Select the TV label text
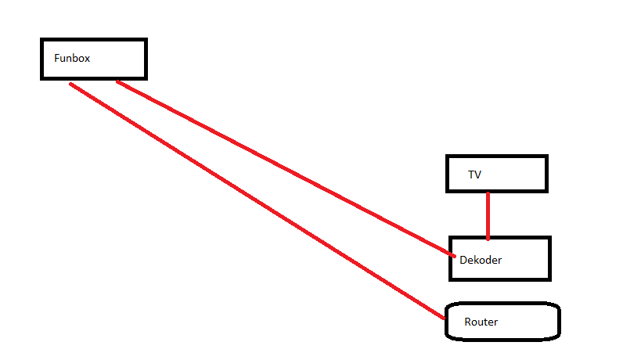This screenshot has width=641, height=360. pyautogui.click(x=474, y=175)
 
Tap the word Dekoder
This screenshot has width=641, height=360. pyautogui.click(x=481, y=260)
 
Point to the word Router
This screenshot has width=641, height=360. pyautogui.click(x=481, y=322)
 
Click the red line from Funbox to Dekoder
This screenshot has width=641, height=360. pyautogui.click(x=286, y=167)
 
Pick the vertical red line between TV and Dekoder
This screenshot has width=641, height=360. pyautogui.click(x=488, y=215)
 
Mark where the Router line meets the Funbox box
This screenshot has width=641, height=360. pyautogui.click(x=70, y=83)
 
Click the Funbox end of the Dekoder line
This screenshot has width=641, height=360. pyautogui.click(x=117, y=81)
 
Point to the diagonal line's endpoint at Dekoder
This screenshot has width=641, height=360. pyautogui.click(x=454, y=255)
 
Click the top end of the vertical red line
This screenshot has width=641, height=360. pyautogui.click(x=488, y=193)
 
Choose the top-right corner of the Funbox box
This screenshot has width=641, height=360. pyautogui.click(x=146, y=40)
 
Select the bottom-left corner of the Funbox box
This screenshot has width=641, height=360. pyautogui.click(x=42, y=77)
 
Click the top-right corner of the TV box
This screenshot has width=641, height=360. pyautogui.click(x=546, y=157)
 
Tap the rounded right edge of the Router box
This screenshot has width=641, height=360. pyautogui.click(x=559, y=322)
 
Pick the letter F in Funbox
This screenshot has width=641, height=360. pyautogui.click(x=56, y=58)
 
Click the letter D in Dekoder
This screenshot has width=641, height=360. pyautogui.click(x=463, y=260)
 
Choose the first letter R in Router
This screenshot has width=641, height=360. pyautogui.click(x=467, y=322)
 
